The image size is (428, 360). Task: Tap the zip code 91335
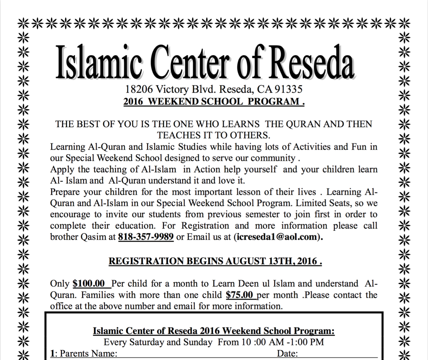(288, 89)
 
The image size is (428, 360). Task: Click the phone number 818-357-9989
(146, 237)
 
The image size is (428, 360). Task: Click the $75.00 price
(240, 295)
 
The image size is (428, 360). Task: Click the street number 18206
(138, 89)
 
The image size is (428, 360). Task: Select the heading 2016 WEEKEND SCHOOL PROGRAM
(214, 101)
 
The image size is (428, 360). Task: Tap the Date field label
(287, 354)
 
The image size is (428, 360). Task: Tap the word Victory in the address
(171, 89)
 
